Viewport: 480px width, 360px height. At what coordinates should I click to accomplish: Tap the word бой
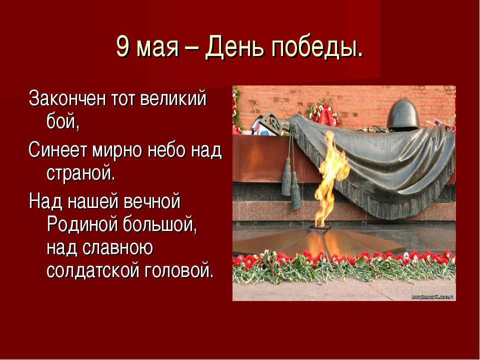coord(63,121)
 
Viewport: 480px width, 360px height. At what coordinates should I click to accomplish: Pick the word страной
coord(81,173)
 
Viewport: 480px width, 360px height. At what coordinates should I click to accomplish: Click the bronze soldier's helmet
coord(403,115)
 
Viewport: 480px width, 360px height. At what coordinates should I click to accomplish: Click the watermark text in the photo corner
coord(432,297)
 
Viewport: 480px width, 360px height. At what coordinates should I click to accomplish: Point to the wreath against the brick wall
coord(324,113)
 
